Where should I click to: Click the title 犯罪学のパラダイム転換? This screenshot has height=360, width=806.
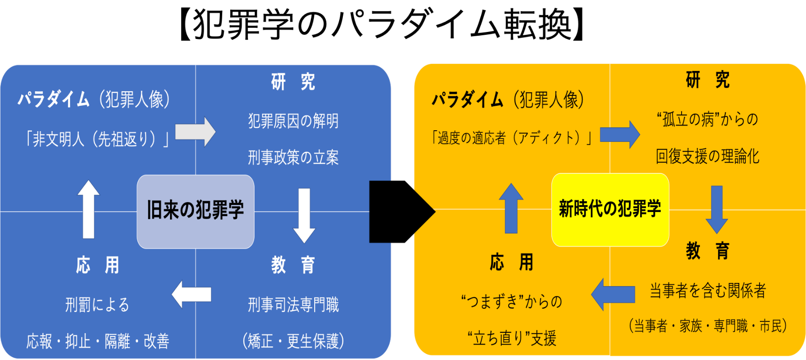coord(382,24)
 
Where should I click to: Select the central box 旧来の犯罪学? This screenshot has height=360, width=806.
coord(195,211)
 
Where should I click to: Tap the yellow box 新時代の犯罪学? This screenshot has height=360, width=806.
coord(610,210)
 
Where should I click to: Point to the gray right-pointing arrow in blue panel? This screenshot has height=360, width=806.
coord(195,132)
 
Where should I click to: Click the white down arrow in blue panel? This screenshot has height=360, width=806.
coord(304,216)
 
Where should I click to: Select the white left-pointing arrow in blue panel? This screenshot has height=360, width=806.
coord(191,295)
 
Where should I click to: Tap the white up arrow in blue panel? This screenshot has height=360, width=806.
coord(88,209)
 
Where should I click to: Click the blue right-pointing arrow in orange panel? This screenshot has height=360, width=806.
coord(620,134)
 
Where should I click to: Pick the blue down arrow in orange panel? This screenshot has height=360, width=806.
coord(717,210)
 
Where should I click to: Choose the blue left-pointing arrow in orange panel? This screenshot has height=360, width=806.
coord(613,295)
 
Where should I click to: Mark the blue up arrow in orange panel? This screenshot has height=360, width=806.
coord(511,208)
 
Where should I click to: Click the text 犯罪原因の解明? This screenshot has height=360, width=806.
coord(293,121)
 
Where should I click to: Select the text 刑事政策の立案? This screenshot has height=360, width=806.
coord(293,157)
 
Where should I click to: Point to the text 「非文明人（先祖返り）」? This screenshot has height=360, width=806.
coord(97,139)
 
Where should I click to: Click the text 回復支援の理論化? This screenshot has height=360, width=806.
coord(707,156)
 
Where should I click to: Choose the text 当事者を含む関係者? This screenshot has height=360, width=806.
coord(707,290)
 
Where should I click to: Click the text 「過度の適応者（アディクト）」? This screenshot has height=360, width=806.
coord(512,138)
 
